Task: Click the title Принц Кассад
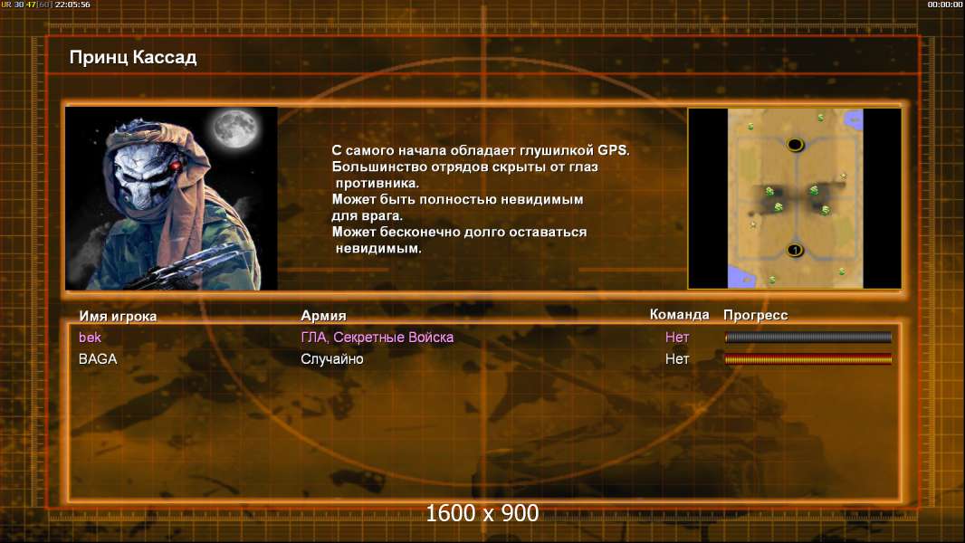[133, 58]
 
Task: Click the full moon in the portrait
[234, 128]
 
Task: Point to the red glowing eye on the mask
[176, 166]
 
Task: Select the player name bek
[90, 337]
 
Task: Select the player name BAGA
[98, 359]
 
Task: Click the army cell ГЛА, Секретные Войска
[377, 337]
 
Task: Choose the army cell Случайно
[332, 359]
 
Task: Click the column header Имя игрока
[118, 316]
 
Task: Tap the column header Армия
[323, 316]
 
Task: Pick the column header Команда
[680, 314]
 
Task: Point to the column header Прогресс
[756, 315]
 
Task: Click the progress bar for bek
[808, 337]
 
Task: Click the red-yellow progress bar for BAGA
[808, 359]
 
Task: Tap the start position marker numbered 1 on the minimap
[795, 250]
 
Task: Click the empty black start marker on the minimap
[795, 145]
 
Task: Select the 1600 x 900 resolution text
[482, 513]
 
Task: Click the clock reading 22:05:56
[72, 5]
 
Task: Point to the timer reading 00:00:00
[945, 5]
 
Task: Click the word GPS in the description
[614, 150]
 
